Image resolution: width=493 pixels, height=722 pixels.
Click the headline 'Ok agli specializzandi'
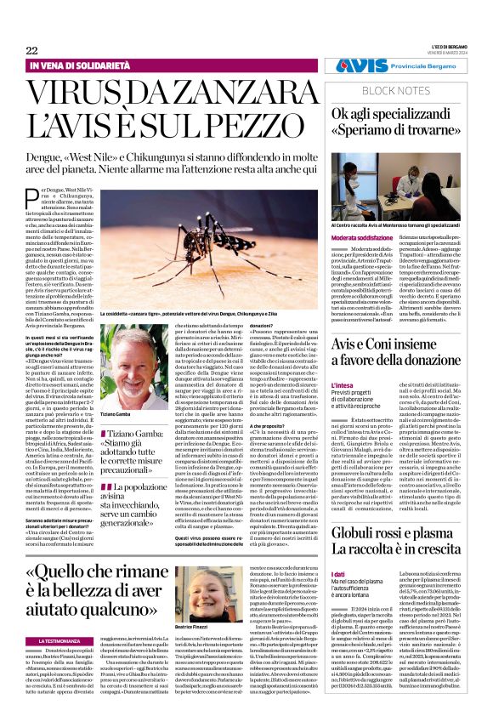pyautogui.click(x=405, y=113)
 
